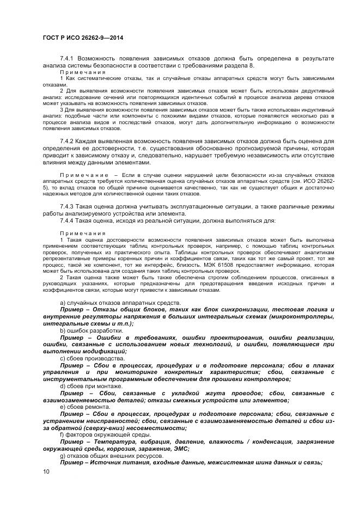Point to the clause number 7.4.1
click(68, 58)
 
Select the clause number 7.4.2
click(68, 142)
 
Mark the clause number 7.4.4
click(68, 220)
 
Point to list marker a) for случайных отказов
click(63, 302)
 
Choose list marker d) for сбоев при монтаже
click(63, 385)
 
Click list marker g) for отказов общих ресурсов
click(63, 455)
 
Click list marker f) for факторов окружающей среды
click(62, 434)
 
